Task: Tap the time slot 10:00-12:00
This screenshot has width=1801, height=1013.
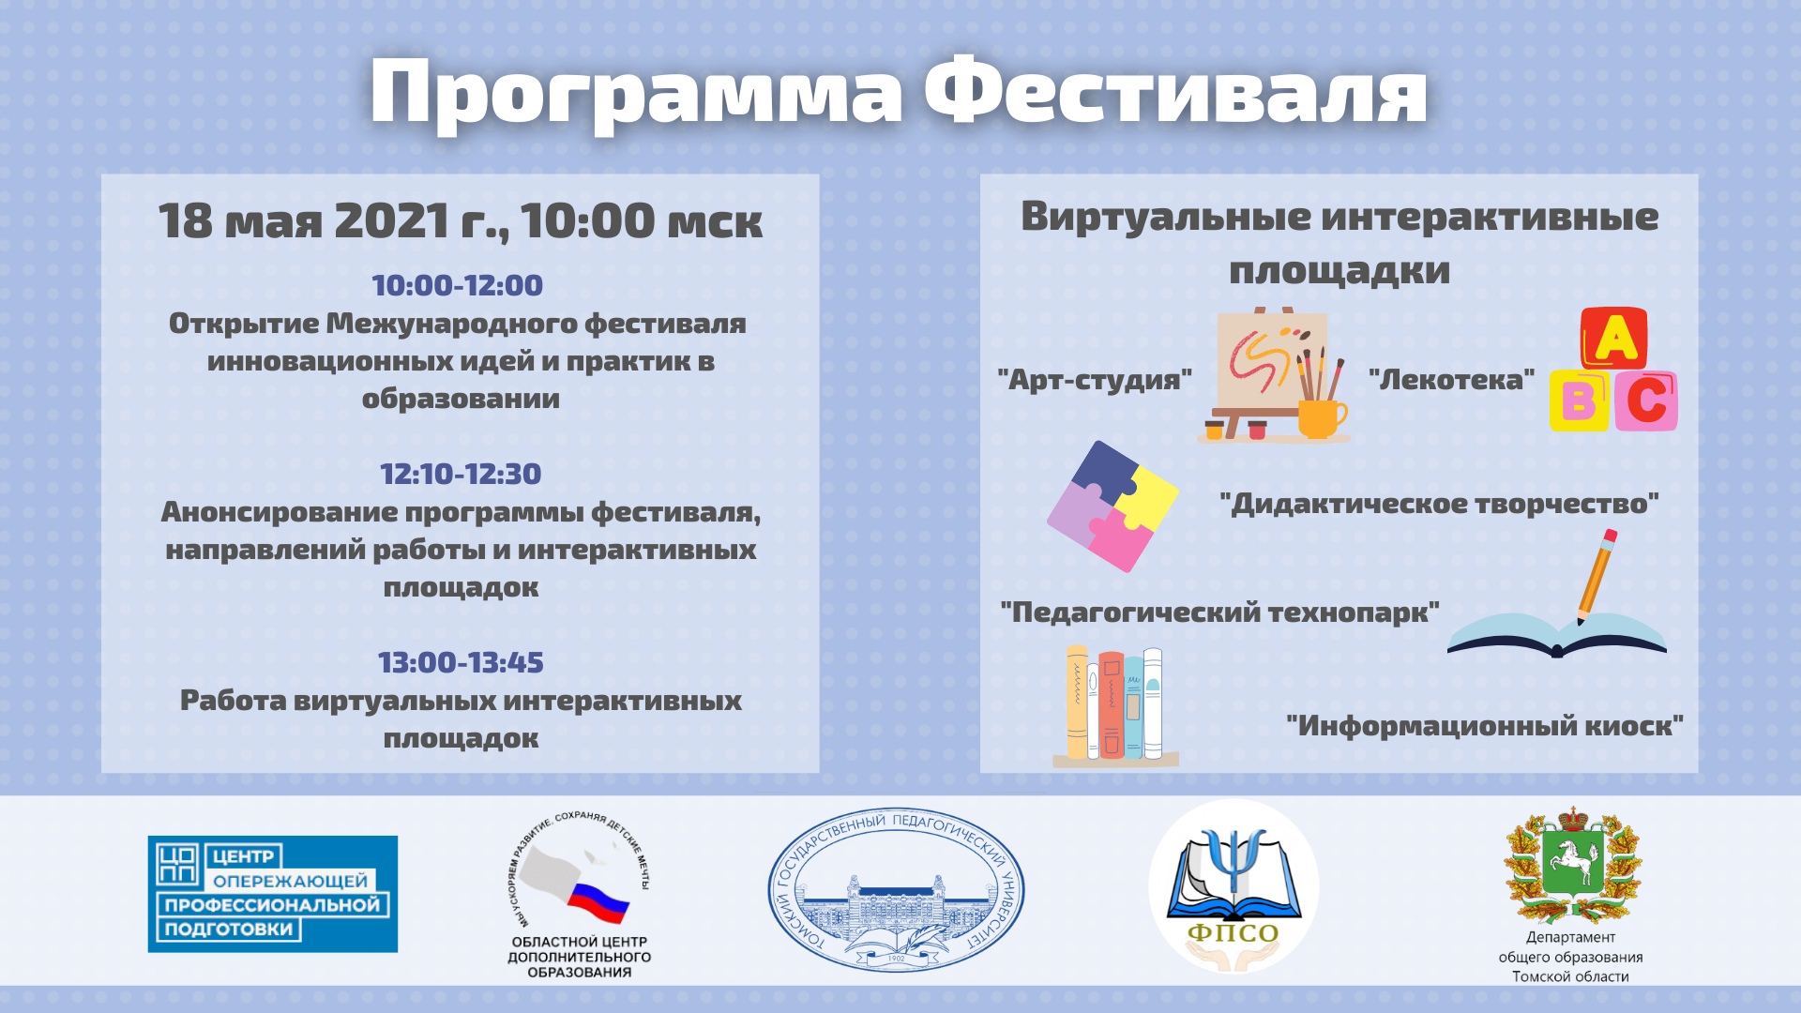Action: click(458, 285)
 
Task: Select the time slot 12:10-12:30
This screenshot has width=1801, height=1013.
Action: click(461, 474)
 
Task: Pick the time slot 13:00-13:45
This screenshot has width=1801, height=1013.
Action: click(461, 662)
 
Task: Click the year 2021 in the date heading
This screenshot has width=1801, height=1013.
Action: click(392, 221)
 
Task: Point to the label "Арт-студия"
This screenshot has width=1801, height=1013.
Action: click(1095, 380)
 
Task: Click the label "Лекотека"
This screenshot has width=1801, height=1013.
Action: click(1451, 379)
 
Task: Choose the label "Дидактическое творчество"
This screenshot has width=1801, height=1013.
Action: click(1440, 504)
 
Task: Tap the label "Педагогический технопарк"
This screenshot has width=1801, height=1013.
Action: click(1219, 612)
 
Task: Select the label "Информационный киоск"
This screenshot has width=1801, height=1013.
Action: click(1485, 725)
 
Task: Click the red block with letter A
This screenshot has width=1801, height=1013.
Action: click(1614, 338)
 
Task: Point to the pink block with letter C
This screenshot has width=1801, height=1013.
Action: click(1645, 401)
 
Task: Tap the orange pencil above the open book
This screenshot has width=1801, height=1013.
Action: click(1596, 576)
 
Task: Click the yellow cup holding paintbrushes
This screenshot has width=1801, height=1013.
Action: click(1321, 418)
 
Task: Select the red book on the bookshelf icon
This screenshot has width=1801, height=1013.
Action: click(1112, 704)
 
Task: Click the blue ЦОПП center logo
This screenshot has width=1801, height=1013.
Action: click(273, 894)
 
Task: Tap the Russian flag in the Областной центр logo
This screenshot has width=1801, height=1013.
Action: click(598, 900)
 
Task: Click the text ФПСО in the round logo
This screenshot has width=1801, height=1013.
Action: click(1233, 933)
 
